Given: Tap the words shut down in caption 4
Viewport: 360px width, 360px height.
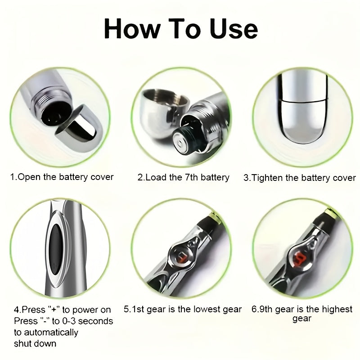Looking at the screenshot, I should point(35,344).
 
